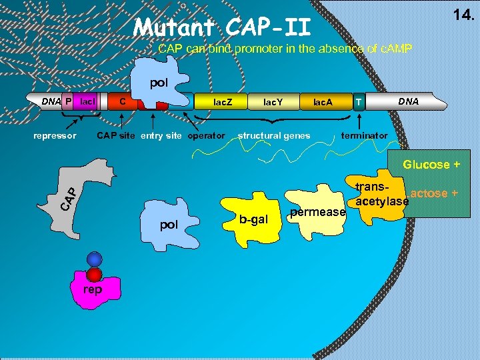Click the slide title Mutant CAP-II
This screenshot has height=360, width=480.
coord(222,27)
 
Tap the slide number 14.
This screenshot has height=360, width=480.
coord(462,14)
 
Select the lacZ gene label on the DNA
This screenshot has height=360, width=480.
coord(223,102)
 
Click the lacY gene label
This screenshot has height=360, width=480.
coord(273,102)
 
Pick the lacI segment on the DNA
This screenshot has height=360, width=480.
coord(87,102)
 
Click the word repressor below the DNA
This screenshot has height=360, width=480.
coord(55,136)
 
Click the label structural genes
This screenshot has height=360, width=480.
coord(274,136)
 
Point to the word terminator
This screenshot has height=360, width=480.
coord(364,136)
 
